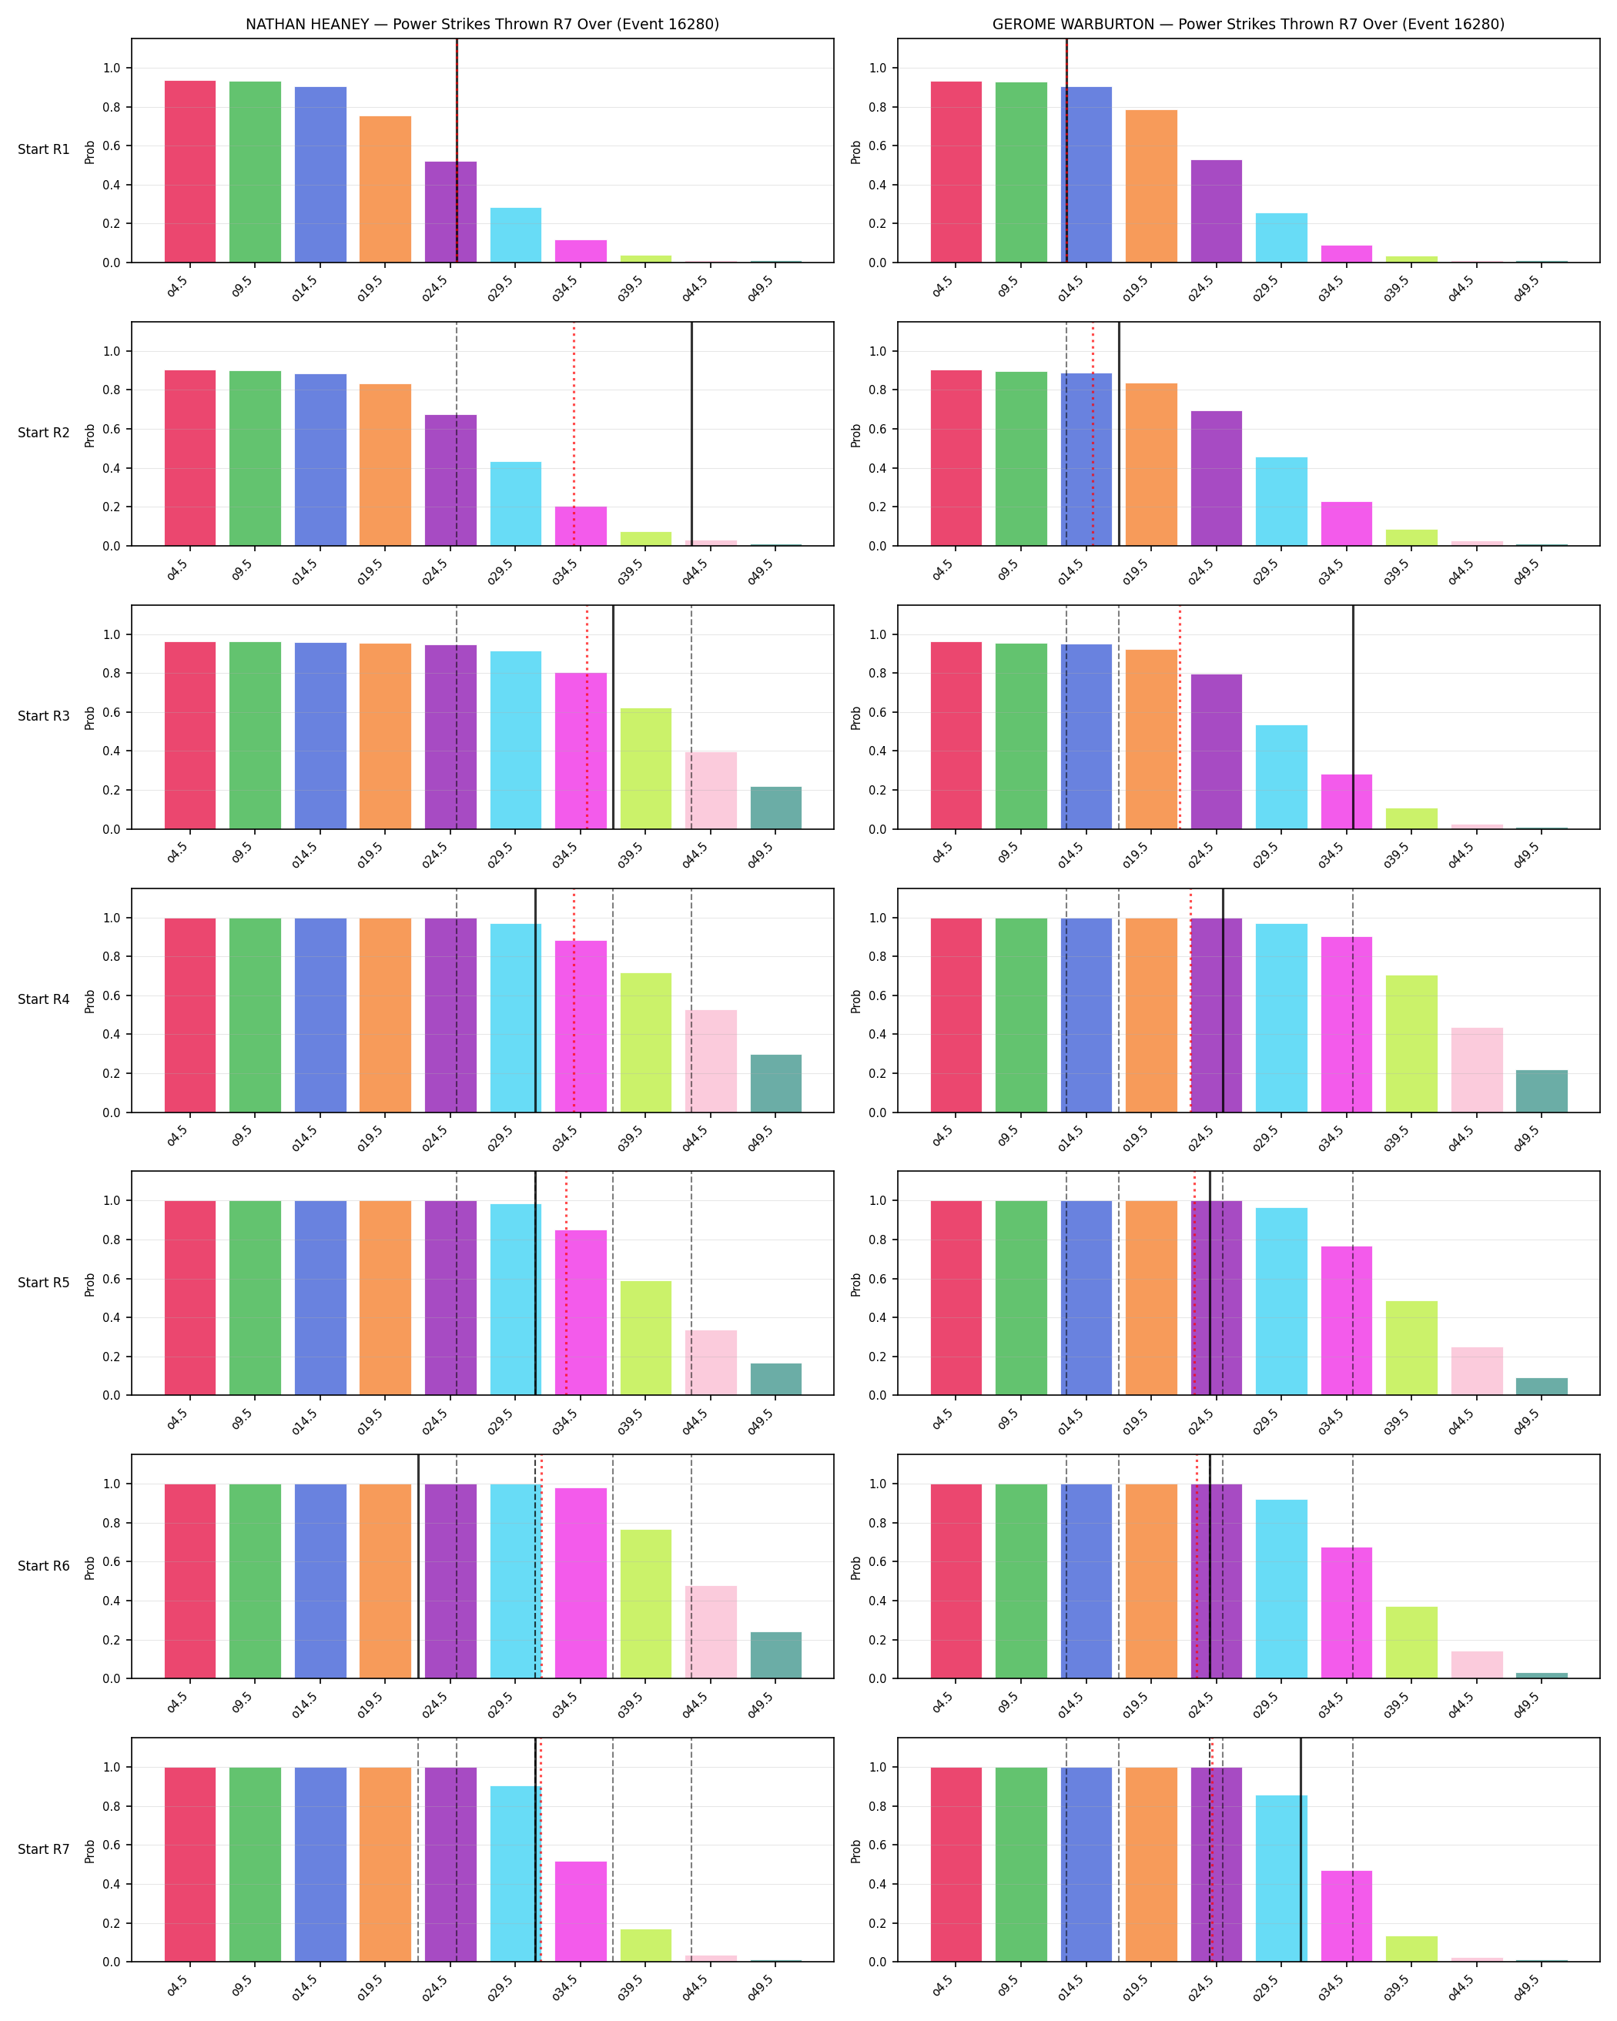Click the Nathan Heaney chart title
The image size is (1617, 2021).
[x=482, y=25]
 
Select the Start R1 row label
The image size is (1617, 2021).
[x=43, y=149]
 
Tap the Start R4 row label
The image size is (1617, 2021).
[x=43, y=999]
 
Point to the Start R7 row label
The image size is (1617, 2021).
[x=43, y=1849]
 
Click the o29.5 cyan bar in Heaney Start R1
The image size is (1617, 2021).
[x=516, y=236]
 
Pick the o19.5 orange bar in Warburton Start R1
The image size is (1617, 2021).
[x=1151, y=186]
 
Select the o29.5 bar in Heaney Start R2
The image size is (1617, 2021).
[x=516, y=504]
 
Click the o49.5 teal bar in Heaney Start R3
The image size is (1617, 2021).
[x=776, y=808]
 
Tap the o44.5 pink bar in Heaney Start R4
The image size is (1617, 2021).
[x=711, y=1061]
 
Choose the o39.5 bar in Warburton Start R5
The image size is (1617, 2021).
[x=1411, y=1348]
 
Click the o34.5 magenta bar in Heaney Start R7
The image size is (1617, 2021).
[x=581, y=1912]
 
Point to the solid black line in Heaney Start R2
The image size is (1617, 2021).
[x=691, y=434]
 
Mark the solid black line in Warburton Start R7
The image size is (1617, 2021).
[x=1301, y=1849]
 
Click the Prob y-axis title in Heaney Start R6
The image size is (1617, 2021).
[x=90, y=1568]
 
